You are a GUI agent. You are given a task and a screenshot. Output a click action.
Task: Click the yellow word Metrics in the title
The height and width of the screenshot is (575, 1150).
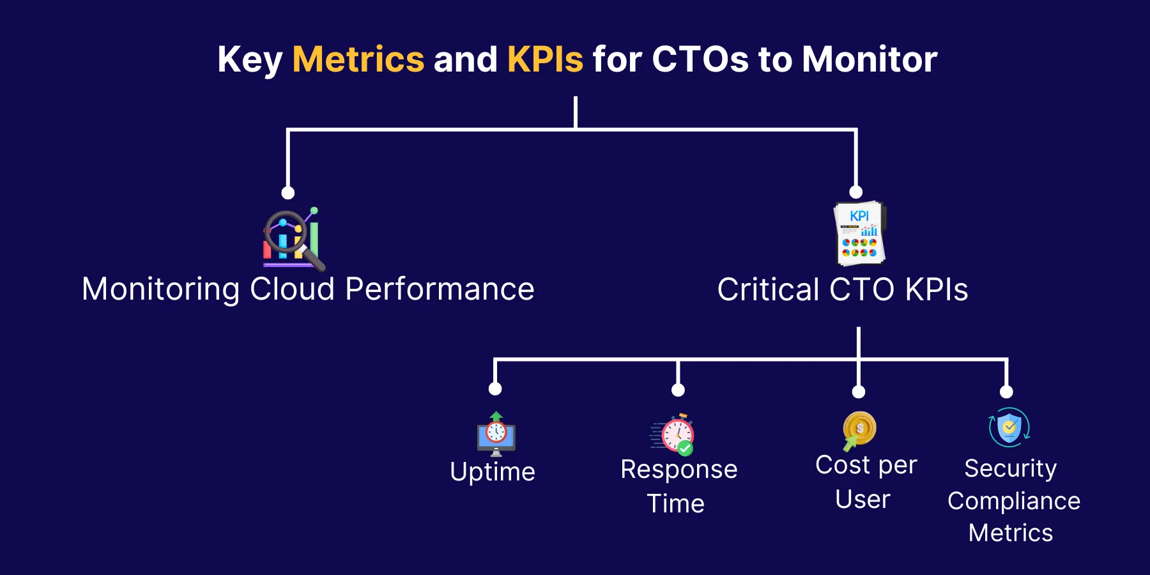coord(358,59)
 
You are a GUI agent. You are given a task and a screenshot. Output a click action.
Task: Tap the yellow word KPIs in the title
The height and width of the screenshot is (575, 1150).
coord(545,59)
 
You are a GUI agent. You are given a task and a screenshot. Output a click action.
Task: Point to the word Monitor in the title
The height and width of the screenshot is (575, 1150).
coord(870,59)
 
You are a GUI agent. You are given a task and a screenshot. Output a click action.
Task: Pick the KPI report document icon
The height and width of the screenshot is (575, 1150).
coord(860,233)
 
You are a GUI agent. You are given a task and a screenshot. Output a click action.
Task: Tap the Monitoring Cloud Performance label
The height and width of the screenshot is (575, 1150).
coord(308,289)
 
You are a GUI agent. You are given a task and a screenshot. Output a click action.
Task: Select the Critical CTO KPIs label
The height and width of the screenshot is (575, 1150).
coord(843,289)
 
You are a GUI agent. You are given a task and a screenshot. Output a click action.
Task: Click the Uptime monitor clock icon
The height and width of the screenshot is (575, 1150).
coord(496,434)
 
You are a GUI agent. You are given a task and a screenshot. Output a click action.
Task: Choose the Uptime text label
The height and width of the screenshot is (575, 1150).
coord(493,472)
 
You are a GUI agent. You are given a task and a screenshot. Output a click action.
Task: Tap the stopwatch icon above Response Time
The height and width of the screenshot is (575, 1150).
coord(673,434)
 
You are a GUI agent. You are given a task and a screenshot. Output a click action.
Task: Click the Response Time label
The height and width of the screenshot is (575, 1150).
coord(678,486)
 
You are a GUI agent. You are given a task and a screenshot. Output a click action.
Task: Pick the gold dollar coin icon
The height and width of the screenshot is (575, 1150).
coord(859,430)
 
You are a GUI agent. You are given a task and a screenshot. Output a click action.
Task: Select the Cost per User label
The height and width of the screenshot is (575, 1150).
coord(866,482)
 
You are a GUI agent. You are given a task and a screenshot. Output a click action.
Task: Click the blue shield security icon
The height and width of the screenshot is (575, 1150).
coord(1009,427)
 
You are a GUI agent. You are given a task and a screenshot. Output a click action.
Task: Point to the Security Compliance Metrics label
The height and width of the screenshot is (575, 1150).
coord(1013,500)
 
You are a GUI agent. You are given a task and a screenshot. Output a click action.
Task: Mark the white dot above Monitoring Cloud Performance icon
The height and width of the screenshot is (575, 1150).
coord(288,193)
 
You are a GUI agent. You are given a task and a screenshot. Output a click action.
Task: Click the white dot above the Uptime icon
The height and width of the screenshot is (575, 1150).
coord(495,389)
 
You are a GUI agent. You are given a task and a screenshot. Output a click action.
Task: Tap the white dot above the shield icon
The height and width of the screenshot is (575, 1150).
coord(1007,392)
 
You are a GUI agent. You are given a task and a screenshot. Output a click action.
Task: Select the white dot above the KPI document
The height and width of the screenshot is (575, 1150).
coord(856,192)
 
